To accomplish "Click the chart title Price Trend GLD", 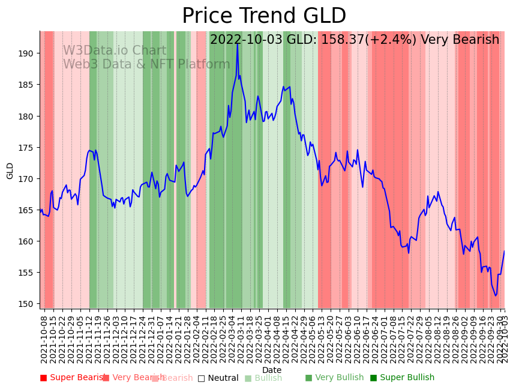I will (264, 16).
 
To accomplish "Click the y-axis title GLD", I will (10, 171).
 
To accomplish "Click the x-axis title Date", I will (272, 371).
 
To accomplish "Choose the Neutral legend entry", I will (218, 378).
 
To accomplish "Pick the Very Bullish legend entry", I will (334, 378).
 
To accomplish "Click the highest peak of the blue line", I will (238, 43).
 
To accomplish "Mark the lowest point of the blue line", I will (496, 296).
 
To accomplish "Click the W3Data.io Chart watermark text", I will (115, 51).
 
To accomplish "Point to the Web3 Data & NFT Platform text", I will (146, 64).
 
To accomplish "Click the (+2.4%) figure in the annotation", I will (391, 40).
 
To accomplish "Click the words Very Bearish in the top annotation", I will (460, 40).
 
